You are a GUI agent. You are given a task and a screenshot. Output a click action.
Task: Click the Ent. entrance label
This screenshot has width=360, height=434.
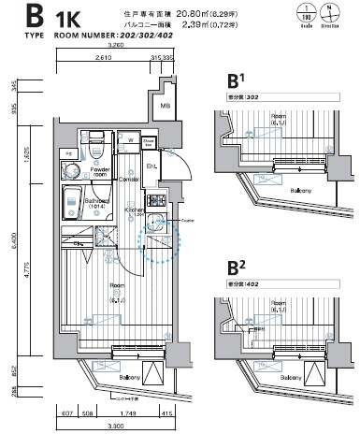(152, 167)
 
